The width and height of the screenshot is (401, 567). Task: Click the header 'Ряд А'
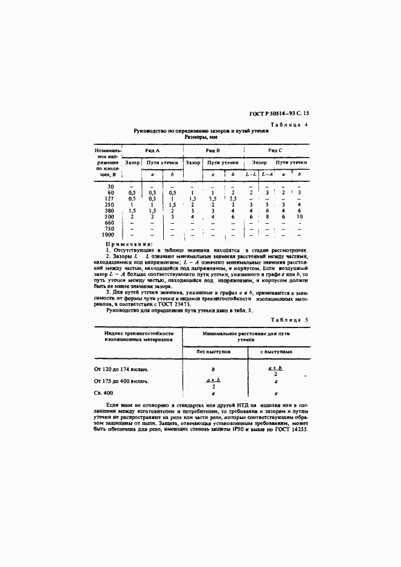[152, 150]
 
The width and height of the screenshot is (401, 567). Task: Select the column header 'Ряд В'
[212, 150]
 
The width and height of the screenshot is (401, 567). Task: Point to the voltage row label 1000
[108, 234]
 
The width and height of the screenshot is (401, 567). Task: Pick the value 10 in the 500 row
[299, 216]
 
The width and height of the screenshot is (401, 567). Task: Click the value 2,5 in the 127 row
[233, 198]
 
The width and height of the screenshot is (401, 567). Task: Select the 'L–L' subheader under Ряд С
[251, 175]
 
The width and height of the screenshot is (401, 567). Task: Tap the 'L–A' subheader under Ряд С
[267, 175]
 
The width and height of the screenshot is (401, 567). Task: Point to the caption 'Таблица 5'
[289, 318]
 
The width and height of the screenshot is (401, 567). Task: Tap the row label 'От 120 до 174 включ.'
[122, 369]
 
